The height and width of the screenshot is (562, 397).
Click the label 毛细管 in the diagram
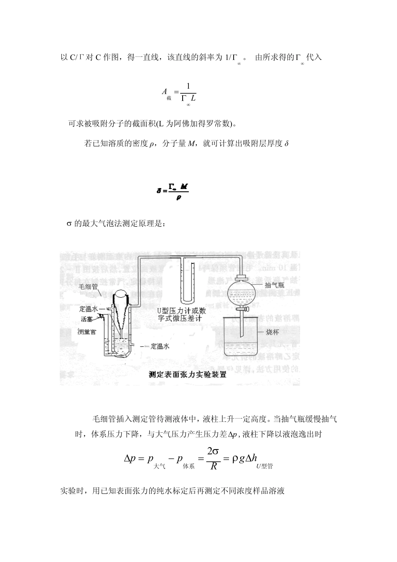coord(88,287)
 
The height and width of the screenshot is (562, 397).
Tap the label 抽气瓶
coord(275,285)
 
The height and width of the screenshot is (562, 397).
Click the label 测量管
coord(87,332)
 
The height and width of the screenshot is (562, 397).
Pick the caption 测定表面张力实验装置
coord(188,375)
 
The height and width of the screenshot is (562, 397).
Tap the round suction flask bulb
coord(242,293)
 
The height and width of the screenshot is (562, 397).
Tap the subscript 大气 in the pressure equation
coord(160,466)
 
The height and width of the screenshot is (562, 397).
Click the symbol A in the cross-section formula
coord(164,91)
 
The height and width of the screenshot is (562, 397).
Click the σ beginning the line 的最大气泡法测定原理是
coord(70,224)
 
